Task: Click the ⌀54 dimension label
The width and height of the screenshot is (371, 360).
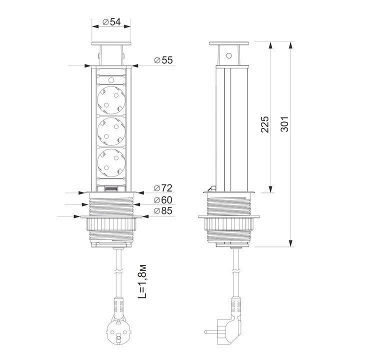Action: coord(111,22)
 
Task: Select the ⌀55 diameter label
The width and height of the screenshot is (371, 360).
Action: coord(163,60)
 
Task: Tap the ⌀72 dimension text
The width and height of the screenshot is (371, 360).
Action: coord(163,188)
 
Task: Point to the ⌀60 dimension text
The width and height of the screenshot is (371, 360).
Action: coord(163,200)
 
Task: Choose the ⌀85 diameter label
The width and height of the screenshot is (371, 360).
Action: coord(163,210)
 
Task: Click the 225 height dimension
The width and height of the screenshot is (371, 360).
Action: coord(265,124)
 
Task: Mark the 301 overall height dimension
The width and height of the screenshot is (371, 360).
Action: coord(284,124)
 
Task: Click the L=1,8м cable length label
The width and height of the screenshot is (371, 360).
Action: coord(142,281)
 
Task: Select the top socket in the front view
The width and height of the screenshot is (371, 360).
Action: coord(111,100)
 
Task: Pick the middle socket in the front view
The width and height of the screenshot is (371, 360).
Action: coord(111,131)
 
